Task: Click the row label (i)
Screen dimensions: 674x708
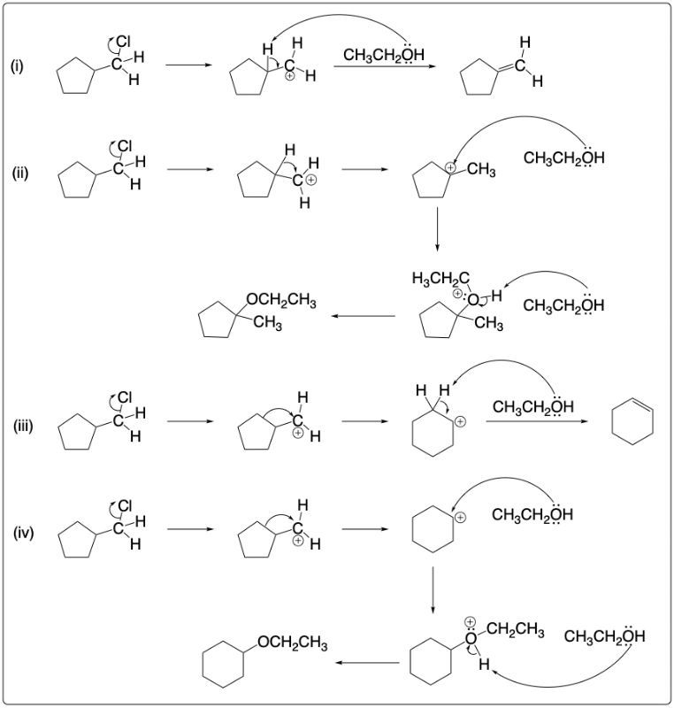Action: coord(17,66)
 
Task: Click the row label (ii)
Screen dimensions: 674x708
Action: coord(19,173)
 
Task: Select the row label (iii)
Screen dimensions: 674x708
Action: coord(23,426)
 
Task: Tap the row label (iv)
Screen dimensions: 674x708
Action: coord(24,534)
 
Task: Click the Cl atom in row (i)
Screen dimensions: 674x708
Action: coord(123,42)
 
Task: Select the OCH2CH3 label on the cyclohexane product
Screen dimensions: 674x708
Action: coord(292,643)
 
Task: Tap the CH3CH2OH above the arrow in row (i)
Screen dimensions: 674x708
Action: coord(384,54)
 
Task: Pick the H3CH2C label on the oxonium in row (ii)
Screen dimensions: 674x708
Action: coord(440,279)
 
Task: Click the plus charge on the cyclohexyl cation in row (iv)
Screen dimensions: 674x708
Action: coord(460,518)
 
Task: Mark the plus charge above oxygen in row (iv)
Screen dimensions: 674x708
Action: coord(470,622)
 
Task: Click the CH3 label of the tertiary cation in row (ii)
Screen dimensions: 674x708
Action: coord(481,170)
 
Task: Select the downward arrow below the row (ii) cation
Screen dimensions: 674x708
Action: coord(437,229)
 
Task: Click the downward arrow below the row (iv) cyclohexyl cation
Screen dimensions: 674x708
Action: coord(433,589)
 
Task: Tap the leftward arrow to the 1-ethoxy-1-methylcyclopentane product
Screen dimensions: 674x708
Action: coord(364,316)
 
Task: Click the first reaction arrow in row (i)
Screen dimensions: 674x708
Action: coord(188,65)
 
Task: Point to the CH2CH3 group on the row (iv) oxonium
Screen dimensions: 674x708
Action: coord(515,629)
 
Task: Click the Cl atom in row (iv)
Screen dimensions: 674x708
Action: coord(124,505)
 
